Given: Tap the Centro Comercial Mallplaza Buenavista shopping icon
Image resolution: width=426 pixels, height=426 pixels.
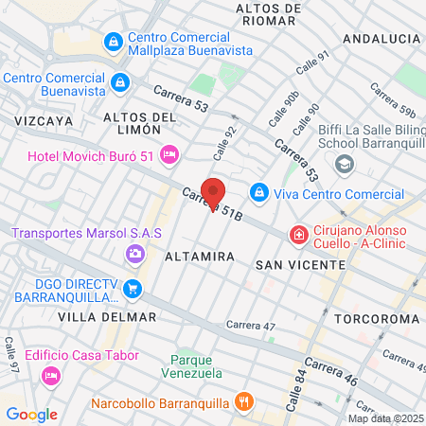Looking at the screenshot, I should click(x=114, y=42).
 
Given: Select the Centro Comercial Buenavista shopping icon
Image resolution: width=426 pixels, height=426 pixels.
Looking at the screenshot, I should click(x=120, y=83).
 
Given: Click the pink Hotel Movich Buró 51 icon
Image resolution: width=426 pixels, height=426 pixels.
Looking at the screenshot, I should click(x=169, y=153).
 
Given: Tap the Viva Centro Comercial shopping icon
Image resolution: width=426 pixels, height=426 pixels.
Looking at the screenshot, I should click(x=257, y=192).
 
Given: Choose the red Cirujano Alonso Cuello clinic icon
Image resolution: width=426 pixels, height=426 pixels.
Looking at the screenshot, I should click(x=298, y=233).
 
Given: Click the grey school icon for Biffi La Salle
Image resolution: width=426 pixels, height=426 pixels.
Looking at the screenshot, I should click(x=344, y=164).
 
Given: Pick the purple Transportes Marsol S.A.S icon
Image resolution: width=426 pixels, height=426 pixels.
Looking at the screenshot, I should click(x=133, y=253).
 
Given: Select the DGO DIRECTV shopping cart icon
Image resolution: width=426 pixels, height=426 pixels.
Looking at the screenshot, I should click(x=133, y=289).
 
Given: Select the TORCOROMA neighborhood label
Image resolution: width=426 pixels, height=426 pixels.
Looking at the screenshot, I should click(x=382, y=319).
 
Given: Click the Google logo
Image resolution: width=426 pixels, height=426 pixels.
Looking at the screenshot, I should click(x=31, y=414).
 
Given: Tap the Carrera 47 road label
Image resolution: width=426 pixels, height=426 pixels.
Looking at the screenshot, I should click(x=251, y=326).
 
